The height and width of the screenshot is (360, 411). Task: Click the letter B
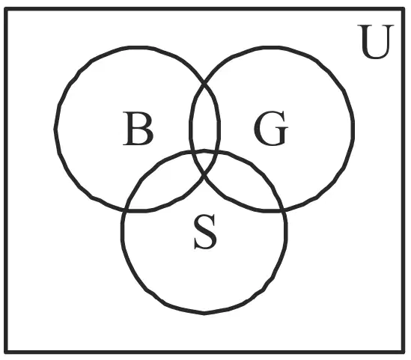pyautogui.click(x=138, y=129)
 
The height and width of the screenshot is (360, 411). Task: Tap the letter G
pyautogui.click(x=271, y=128)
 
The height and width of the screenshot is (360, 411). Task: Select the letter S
pyautogui.click(x=205, y=231)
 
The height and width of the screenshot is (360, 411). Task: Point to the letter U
pyautogui.click(x=376, y=41)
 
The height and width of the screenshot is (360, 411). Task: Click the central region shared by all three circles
pyautogui.click(x=204, y=162)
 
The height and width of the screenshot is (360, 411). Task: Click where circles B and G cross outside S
pyautogui.click(x=204, y=84)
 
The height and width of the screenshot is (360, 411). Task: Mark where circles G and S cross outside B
pyautogui.click(x=283, y=210)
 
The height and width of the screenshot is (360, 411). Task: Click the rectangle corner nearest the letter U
pyautogui.click(x=403, y=10)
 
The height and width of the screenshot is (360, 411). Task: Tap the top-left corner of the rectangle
pyautogui.click(x=6, y=10)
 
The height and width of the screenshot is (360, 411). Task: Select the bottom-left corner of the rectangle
pyautogui.click(x=6, y=352)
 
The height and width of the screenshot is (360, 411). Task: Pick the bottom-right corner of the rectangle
pyautogui.click(x=403, y=352)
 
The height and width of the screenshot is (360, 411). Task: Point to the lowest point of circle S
pyautogui.click(x=204, y=313)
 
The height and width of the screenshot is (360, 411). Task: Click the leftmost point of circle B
pyautogui.click(x=55, y=129)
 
